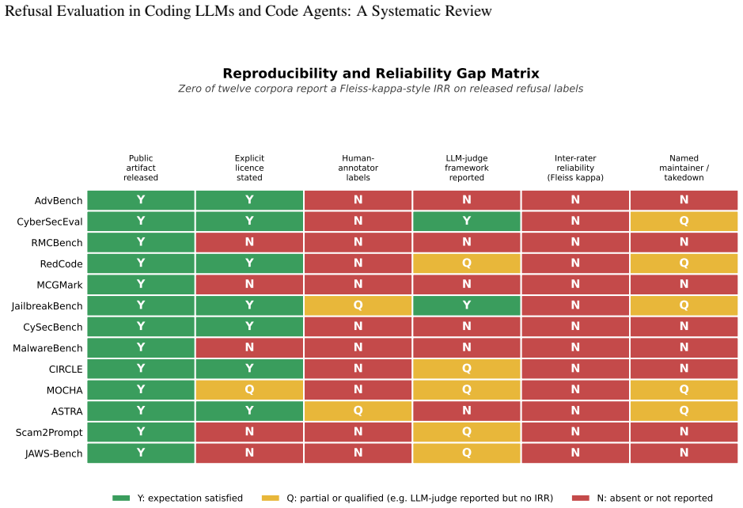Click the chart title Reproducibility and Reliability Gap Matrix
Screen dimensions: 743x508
click(x=381, y=74)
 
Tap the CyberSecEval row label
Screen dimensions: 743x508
click(x=50, y=222)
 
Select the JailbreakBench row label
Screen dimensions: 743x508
click(x=47, y=306)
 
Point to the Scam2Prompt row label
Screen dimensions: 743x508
click(x=49, y=433)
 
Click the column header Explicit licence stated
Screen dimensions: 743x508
click(x=249, y=168)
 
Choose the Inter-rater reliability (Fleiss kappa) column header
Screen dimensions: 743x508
click(x=575, y=168)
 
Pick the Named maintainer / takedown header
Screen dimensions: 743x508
click(x=684, y=168)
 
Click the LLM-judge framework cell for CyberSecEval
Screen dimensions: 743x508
click(x=467, y=222)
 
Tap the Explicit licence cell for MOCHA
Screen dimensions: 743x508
click(x=249, y=390)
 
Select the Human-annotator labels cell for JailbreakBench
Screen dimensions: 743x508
click(x=358, y=305)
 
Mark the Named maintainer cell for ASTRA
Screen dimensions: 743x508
click(x=684, y=411)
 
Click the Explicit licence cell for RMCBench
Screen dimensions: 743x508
click(x=249, y=242)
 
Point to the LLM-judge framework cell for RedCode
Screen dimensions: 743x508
click(x=467, y=263)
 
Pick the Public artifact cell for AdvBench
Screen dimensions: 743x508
click(x=141, y=200)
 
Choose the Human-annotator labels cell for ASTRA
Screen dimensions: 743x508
click(x=358, y=411)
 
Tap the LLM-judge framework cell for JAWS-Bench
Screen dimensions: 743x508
click(x=467, y=453)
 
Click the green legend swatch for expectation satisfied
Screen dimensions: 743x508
click(x=121, y=498)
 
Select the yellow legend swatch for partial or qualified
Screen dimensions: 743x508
click(x=270, y=498)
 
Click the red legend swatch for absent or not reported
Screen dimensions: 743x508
click(x=581, y=498)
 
